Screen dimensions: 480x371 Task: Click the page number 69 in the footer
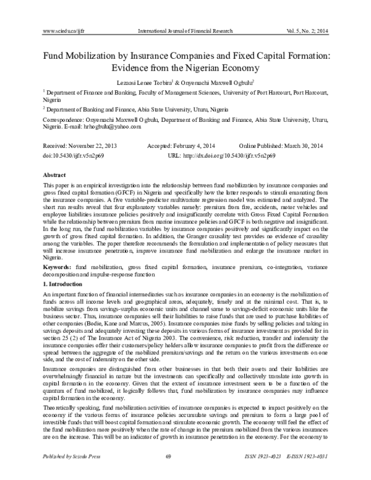[x=185, y=473]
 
